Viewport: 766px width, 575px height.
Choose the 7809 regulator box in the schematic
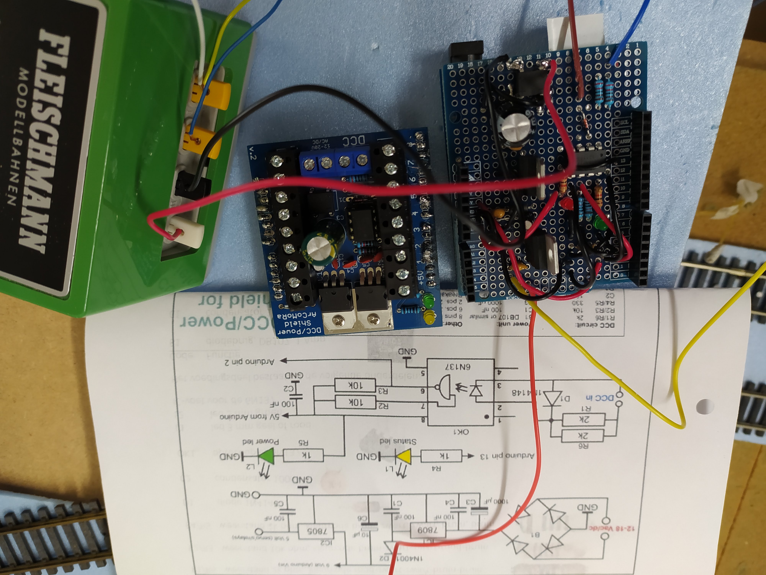(428, 529)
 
